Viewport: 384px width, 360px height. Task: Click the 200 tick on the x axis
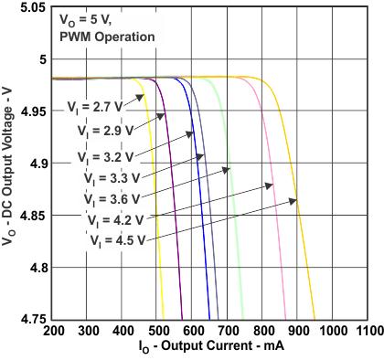pos(54,330)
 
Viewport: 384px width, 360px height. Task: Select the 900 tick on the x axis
pos(298,330)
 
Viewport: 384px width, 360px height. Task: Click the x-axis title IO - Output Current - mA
pos(211,349)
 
